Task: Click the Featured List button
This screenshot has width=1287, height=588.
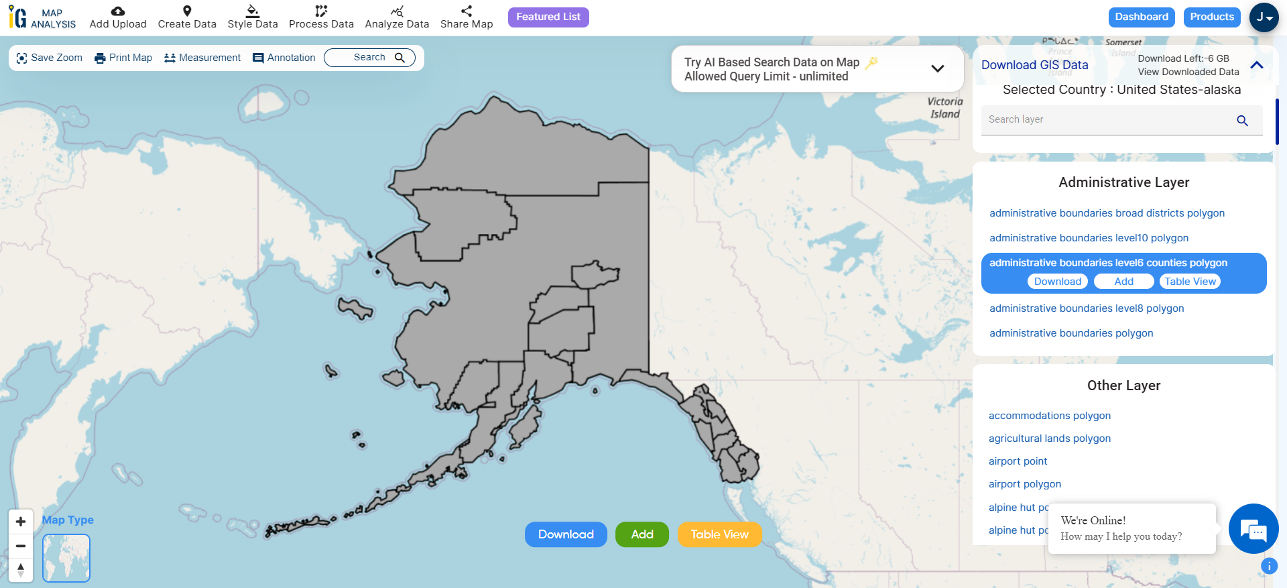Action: (x=548, y=17)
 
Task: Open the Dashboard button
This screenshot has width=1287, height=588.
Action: (x=1141, y=17)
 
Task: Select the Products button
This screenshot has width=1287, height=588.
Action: (x=1211, y=17)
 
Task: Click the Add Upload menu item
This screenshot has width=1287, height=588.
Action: (x=118, y=17)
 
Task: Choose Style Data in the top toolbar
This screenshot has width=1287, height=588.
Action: (x=253, y=17)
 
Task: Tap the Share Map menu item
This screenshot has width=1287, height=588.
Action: (x=467, y=17)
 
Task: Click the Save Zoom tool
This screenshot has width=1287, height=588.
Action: (x=49, y=58)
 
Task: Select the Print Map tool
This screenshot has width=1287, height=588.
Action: (x=123, y=58)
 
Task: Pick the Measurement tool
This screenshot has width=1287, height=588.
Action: (x=202, y=58)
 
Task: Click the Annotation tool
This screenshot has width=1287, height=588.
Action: (x=284, y=58)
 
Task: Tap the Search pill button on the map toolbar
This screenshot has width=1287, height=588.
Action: (x=369, y=58)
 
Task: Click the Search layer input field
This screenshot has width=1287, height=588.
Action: (x=1109, y=120)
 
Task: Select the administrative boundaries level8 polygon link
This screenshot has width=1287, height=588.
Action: (x=1087, y=308)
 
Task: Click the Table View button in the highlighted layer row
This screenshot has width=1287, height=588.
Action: (x=1190, y=282)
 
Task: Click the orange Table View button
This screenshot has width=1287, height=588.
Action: (x=719, y=534)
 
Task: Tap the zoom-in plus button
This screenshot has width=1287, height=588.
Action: (x=21, y=522)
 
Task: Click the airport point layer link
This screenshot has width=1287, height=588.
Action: (x=1018, y=461)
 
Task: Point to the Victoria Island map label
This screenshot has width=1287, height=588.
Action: (x=944, y=108)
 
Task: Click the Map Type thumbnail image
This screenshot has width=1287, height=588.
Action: (x=66, y=558)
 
